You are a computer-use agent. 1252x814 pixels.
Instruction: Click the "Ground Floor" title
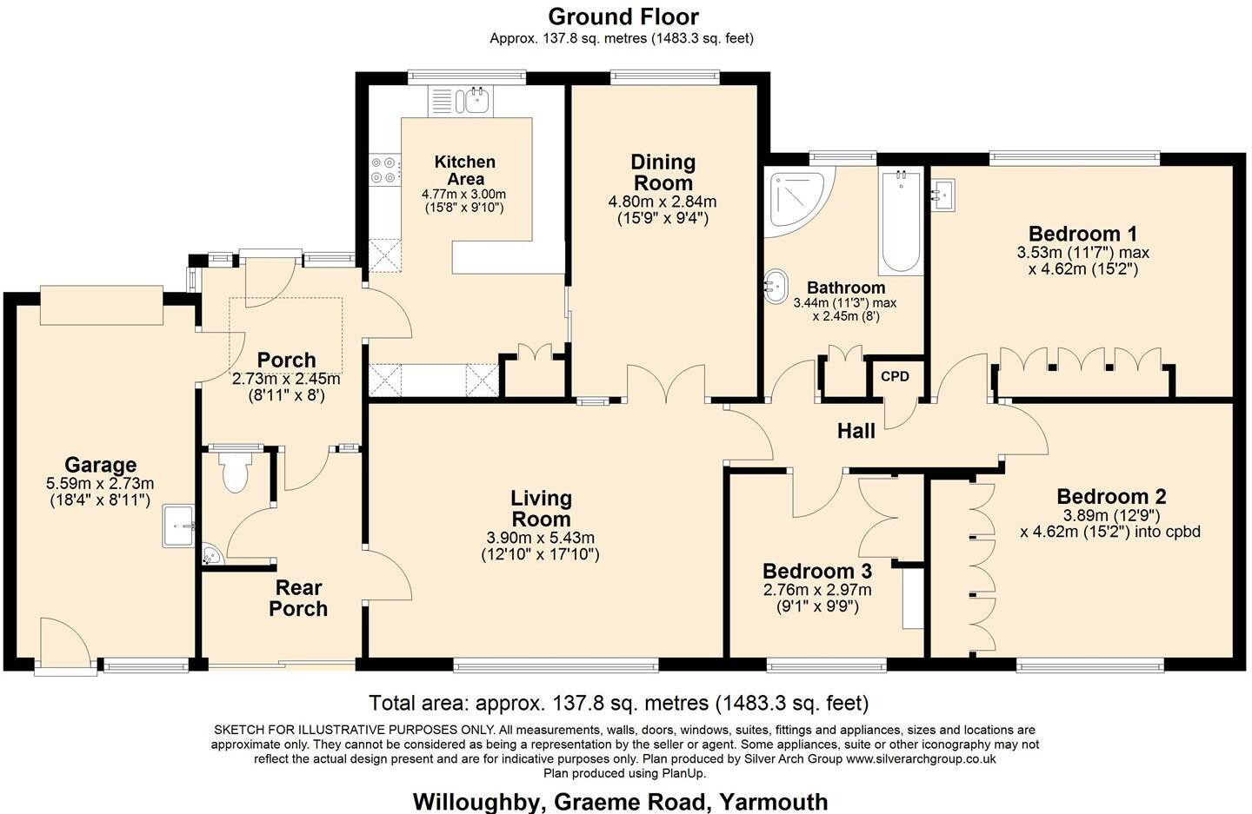point(623,17)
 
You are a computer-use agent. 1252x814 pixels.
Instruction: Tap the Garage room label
point(100,465)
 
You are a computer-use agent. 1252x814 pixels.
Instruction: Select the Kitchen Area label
point(464,169)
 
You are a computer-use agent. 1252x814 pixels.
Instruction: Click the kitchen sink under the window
point(476,100)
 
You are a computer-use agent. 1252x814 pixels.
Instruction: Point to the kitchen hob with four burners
point(384,170)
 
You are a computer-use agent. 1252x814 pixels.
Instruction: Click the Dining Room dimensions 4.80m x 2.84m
point(663,202)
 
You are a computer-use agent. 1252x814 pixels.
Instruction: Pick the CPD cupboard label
point(895,376)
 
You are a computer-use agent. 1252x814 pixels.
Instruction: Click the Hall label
point(856,431)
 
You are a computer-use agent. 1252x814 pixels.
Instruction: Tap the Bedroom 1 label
point(1082,234)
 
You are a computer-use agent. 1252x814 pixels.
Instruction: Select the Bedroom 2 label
point(1111,497)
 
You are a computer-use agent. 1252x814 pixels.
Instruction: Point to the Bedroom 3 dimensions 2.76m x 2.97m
point(816,590)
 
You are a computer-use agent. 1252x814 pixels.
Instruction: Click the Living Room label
point(541,509)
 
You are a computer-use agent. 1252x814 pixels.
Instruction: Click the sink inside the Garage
point(180,526)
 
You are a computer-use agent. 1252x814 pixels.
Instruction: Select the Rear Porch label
point(298,599)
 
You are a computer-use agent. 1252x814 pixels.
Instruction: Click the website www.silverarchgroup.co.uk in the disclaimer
point(921,758)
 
